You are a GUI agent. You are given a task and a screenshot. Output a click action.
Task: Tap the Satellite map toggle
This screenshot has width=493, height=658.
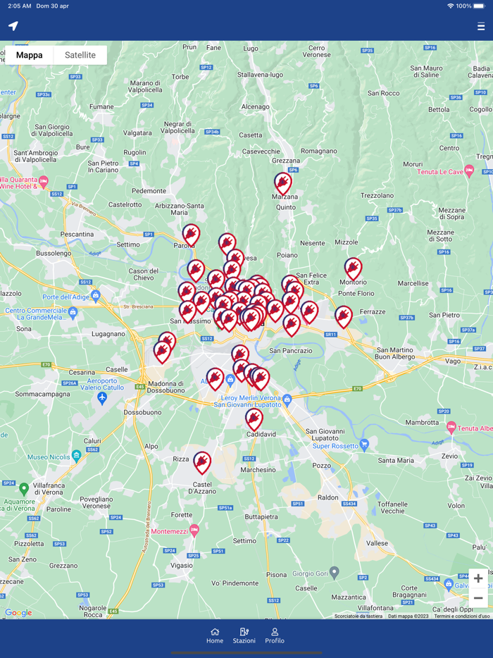coord(80,55)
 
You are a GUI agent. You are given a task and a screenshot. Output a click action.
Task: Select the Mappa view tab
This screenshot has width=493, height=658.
coord(29,55)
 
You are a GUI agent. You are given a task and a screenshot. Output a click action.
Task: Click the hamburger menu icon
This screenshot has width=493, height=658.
coord(481,27)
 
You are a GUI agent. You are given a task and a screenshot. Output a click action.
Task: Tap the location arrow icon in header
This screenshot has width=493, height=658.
coord(13,26)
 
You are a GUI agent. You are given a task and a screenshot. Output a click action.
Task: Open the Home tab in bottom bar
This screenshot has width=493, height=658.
coord(215,635)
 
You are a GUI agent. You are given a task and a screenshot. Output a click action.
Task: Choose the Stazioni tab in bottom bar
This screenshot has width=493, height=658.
coord(244,635)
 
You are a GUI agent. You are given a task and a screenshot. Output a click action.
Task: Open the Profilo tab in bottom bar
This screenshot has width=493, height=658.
coord(275,635)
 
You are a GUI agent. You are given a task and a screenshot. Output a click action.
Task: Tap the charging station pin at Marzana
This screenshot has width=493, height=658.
coord(283,183)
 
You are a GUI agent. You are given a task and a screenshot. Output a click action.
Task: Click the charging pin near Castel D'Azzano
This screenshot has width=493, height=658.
coord(202,462)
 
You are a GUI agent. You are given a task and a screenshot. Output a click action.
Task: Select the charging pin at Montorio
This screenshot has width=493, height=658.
coord(353,268)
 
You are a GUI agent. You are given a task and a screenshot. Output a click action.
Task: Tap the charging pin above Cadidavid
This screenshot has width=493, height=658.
coord(254,419)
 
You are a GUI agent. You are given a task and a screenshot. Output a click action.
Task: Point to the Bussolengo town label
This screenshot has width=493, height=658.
coord(54,252)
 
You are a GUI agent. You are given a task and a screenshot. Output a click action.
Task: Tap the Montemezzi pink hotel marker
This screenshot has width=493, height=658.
coord(194,530)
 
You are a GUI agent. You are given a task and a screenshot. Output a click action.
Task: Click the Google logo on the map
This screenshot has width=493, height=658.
coord(18,613)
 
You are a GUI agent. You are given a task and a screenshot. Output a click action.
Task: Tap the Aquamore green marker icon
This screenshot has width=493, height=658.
coord(24,488)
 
